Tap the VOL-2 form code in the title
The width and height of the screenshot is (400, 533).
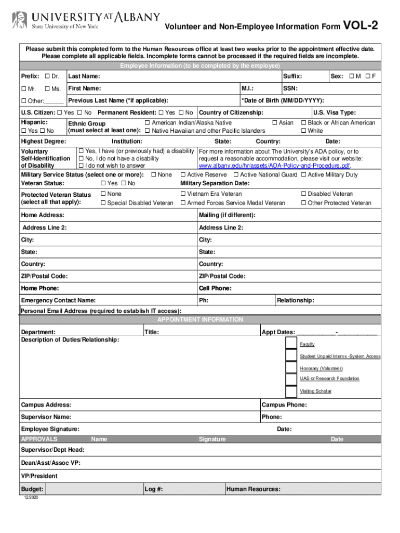pos(361,26)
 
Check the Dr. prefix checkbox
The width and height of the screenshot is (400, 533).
pos(48,77)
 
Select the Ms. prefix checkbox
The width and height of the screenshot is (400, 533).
pos(48,89)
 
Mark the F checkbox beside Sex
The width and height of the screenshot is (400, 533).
pos(368,77)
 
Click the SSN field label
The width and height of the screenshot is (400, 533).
pos(290,88)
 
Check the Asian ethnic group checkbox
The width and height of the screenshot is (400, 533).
pos(275,123)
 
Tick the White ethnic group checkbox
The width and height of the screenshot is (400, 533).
pos(304,131)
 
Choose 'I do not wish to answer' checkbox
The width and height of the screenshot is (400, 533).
pos(81,166)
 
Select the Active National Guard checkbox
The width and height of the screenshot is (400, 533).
pos(236,175)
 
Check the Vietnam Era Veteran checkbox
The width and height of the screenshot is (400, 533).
pos(183,194)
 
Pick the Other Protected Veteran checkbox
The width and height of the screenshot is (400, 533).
pos(304,203)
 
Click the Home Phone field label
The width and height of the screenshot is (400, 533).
pos(40,288)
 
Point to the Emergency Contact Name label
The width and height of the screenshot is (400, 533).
pos(58,300)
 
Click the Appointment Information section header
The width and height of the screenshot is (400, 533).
pos(200,320)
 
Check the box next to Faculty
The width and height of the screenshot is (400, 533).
pos(291,344)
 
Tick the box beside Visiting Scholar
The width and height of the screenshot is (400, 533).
pos(291,390)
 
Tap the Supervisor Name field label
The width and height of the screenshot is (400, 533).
pos(46,417)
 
